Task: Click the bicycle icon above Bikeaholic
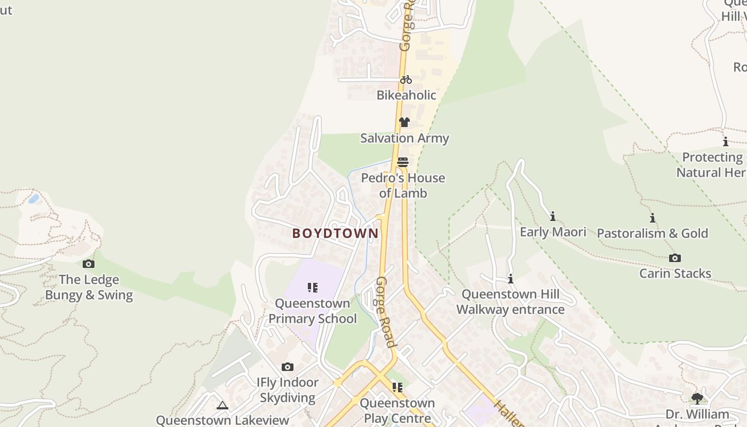point(406,80)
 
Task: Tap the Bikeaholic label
point(406,96)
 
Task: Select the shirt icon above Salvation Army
point(404,122)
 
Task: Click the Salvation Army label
point(404,138)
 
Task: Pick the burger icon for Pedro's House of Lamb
point(403,162)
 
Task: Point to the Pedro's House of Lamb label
point(403,185)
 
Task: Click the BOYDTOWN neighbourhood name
point(335,233)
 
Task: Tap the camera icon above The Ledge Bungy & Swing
point(89,264)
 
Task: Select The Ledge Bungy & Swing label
point(89,287)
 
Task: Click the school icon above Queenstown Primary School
point(313,288)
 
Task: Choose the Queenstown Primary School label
point(313,311)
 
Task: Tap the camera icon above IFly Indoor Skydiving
point(288,367)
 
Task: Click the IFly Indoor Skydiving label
point(288,390)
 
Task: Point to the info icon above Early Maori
point(553,216)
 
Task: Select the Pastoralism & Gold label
point(652,233)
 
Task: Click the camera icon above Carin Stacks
point(675,258)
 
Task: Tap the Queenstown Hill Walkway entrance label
point(510,302)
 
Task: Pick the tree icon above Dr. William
point(697,398)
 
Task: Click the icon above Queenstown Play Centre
point(397,387)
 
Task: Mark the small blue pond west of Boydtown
point(34,199)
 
